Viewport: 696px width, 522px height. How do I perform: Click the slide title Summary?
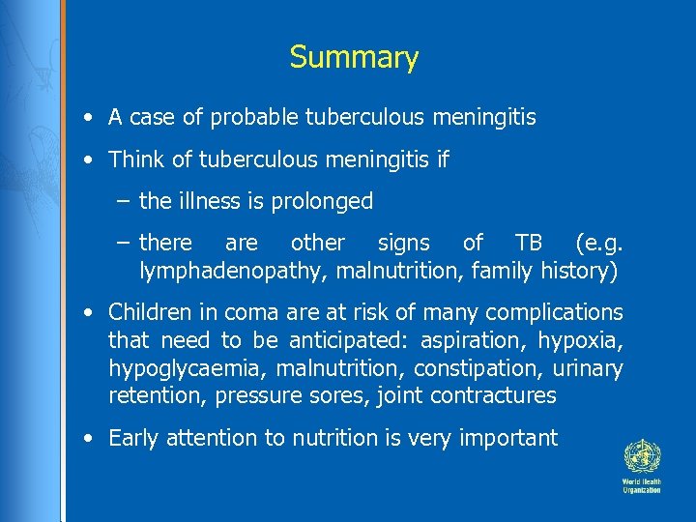point(354,57)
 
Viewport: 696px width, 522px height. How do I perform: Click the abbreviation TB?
point(529,243)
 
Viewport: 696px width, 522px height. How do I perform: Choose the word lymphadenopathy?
point(235,271)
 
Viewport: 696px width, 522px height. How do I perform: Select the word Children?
point(150,312)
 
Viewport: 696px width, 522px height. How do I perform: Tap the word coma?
point(247,312)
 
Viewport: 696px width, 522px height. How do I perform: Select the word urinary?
point(589,368)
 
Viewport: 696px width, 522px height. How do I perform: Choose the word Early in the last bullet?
point(134,438)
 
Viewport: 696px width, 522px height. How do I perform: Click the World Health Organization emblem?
point(640,455)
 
